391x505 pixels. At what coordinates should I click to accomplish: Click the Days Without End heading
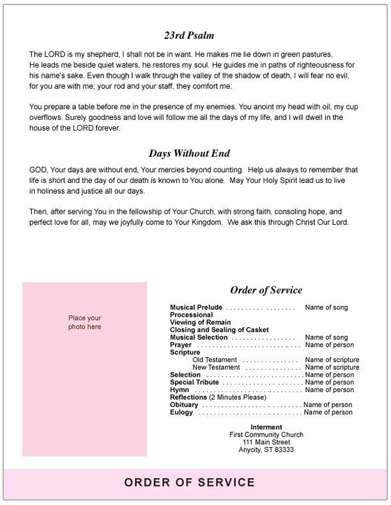pyautogui.click(x=189, y=153)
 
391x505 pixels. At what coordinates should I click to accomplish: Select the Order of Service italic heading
pyautogui.click(x=266, y=290)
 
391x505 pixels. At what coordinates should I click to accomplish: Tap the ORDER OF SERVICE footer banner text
pyautogui.click(x=189, y=483)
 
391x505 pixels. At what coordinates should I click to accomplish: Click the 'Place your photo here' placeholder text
pyautogui.click(x=85, y=322)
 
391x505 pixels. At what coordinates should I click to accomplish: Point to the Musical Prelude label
pyautogui.click(x=197, y=307)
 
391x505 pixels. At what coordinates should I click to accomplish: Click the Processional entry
pyautogui.click(x=191, y=315)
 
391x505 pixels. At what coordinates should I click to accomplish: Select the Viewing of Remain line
pyautogui.click(x=200, y=323)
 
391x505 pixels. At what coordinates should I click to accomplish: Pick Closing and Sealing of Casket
pyautogui.click(x=219, y=330)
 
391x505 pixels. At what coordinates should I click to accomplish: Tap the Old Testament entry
pyautogui.click(x=215, y=360)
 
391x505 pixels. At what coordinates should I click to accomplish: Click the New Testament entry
pyautogui.click(x=216, y=367)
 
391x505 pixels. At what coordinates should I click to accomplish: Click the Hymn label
pyautogui.click(x=179, y=390)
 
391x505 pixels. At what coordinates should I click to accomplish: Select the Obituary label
pyautogui.click(x=184, y=405)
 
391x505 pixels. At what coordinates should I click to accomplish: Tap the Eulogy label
pyautogui.click(x=181, y=413)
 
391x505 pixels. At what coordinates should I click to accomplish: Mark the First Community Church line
pyautogui.click(x=266, y=435)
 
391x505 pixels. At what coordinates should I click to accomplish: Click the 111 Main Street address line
pyautogui.click(x=266, y=442)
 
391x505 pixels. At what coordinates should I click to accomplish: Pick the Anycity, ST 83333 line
pyautogui.click(x=266, y=450)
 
